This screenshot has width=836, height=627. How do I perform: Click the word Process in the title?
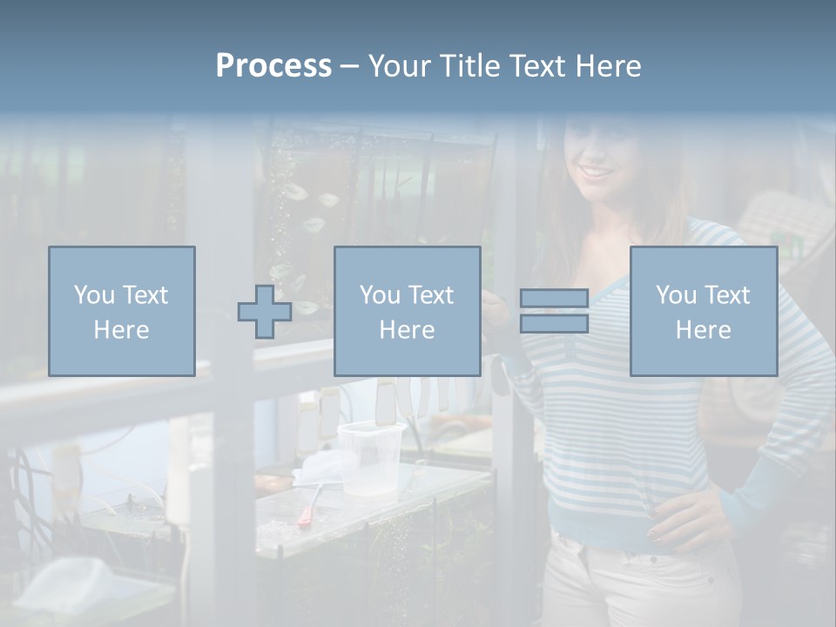[x=273, y=66]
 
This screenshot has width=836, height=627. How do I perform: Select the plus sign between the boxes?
[x=265, y=312]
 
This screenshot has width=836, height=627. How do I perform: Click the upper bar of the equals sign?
[x=554, y=299]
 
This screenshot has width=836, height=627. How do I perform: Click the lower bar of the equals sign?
[x=554, y=324]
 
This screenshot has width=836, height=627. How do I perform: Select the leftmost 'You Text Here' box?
[x=122, y=312]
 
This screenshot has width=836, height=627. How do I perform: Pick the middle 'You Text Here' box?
[x=407, y=312]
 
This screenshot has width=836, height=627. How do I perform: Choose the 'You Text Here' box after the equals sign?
[x=704, y=312]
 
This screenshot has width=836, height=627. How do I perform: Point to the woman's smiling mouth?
[x=598, y=171]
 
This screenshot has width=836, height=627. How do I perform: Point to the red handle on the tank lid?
[x=307, y=515]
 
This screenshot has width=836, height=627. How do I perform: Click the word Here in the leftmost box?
[x=121, y=329]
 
